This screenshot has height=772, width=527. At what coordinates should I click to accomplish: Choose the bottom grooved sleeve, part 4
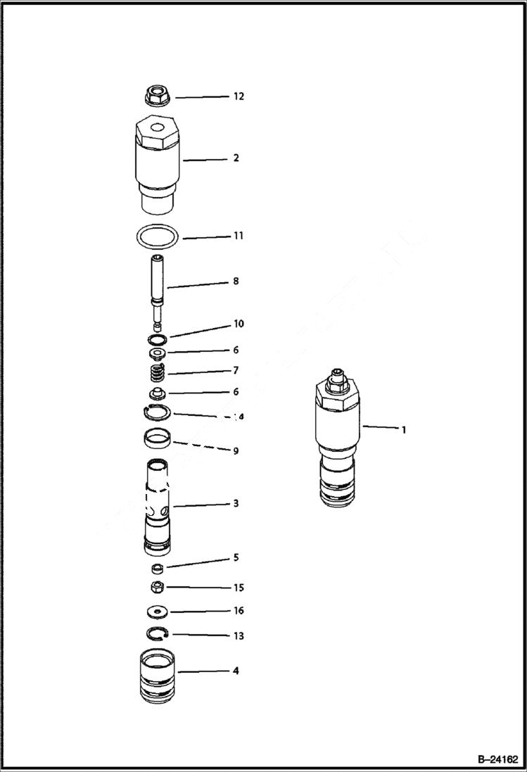tap(158, 676)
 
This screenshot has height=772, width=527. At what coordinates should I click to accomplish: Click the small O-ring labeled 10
tap(157, 339)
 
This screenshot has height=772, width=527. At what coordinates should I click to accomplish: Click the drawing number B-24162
tap(497, 759)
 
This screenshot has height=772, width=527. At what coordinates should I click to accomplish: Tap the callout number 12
tap(239, 96)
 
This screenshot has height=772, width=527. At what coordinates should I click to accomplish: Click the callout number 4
tap(236, 671)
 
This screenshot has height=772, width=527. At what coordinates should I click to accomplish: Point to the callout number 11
tap(239, 236)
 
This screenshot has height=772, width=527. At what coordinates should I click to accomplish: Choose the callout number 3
tap(236, 503)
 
